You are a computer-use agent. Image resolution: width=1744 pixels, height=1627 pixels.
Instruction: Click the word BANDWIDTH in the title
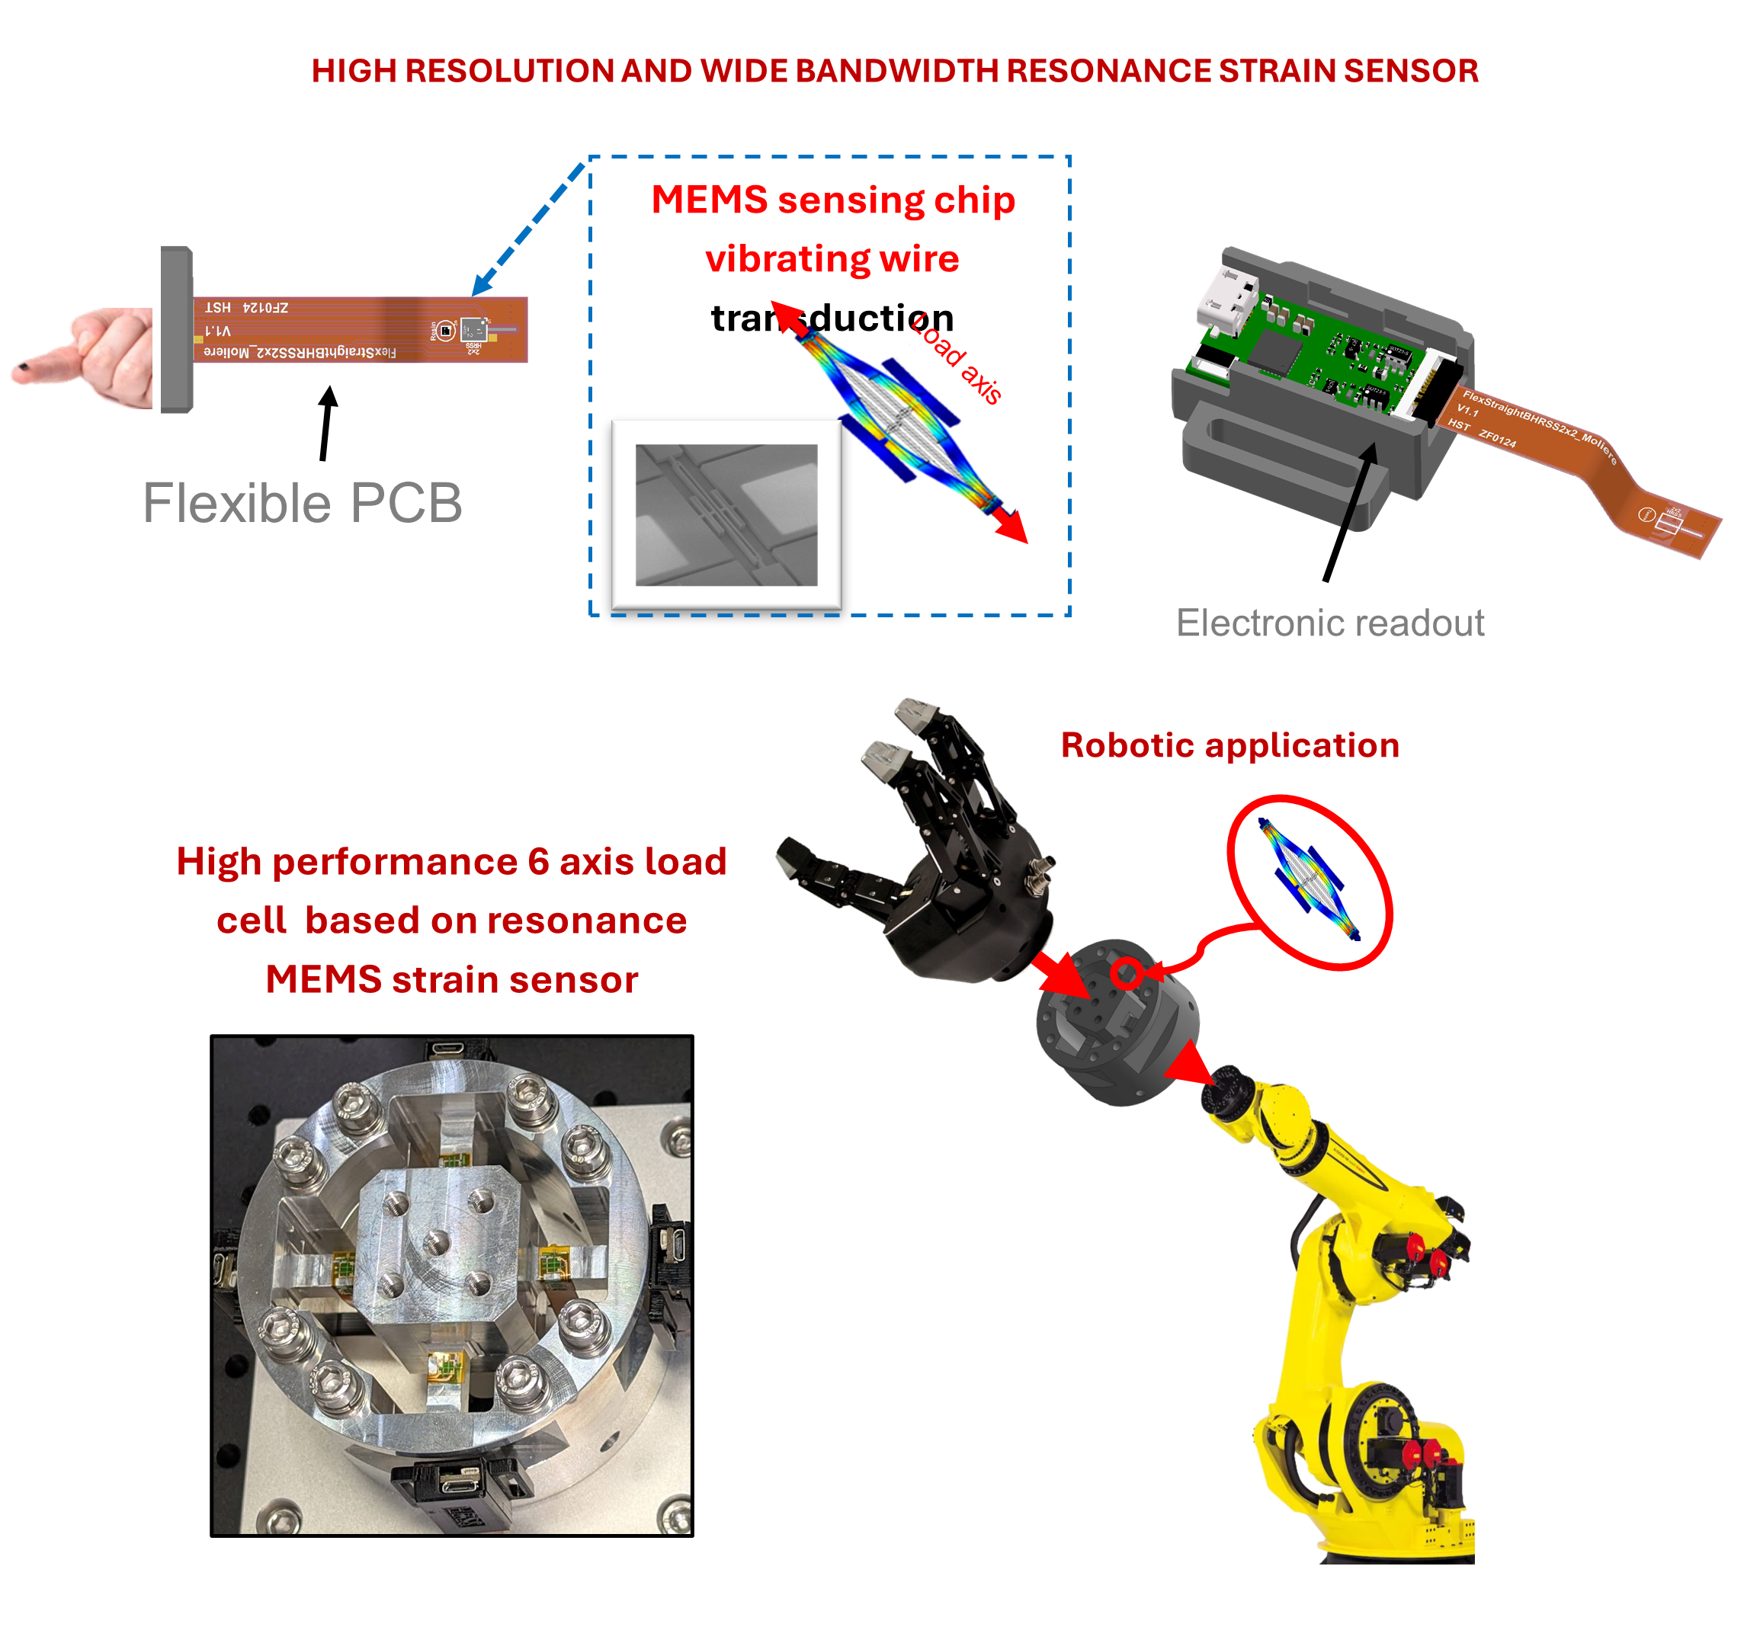click(x=906, y=71)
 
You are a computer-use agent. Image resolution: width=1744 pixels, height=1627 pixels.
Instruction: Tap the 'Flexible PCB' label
click(x=302, y=504)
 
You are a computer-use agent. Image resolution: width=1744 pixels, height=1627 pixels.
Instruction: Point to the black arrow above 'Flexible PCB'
click(x=326, y=423)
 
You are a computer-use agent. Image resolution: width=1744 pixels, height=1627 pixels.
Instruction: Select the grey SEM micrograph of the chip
click(x=726, y=515)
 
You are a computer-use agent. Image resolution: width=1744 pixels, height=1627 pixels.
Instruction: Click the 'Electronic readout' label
click(x=1329, y=623)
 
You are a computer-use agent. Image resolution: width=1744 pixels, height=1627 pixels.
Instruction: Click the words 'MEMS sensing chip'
click(x=832, y=200)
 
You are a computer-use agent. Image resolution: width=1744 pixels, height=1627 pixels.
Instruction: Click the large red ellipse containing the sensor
click(x=1310, y=882)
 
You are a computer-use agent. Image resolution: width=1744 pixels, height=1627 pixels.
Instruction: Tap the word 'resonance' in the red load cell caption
click(x=586, y=920)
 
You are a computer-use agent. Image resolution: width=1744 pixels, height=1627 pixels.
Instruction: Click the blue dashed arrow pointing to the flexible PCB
click(x=527, y=230)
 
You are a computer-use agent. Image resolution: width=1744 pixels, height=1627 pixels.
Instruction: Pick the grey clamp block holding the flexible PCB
click(x=175, y=329)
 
